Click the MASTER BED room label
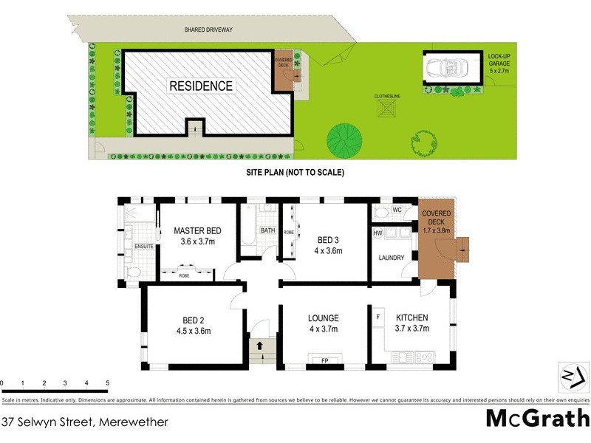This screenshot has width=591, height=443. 197,230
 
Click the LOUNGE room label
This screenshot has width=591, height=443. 323,318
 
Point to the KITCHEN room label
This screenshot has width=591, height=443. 411,318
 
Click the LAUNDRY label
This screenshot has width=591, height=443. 391,258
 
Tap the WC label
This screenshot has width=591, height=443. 397,210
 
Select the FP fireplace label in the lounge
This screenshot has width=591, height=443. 324,361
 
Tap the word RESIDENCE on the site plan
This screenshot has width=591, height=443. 201,86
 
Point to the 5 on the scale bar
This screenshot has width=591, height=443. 108,383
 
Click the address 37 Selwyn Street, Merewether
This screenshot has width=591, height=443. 85,422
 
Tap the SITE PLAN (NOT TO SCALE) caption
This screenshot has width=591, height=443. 295,172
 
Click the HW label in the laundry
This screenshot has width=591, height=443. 378,233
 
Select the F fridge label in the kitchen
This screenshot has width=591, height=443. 378,317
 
